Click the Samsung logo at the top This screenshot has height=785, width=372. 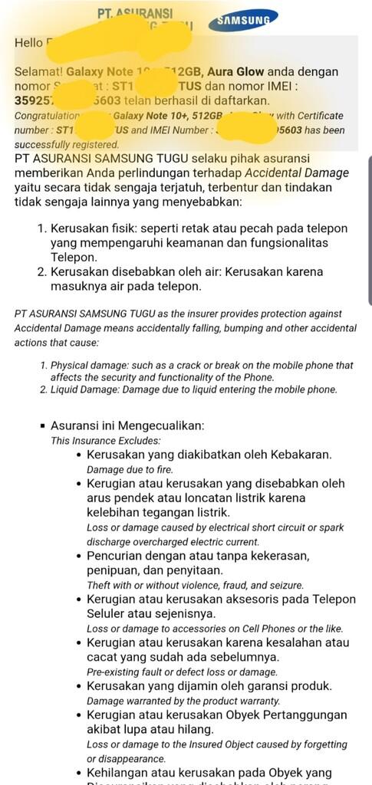tap(246, 21)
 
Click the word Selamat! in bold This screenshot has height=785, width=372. tap(38, 71)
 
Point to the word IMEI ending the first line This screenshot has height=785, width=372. tap(336, 86)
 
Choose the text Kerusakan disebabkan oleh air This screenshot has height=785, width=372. tap(137, 272)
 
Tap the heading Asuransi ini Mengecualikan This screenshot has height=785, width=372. tap(127, 425)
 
